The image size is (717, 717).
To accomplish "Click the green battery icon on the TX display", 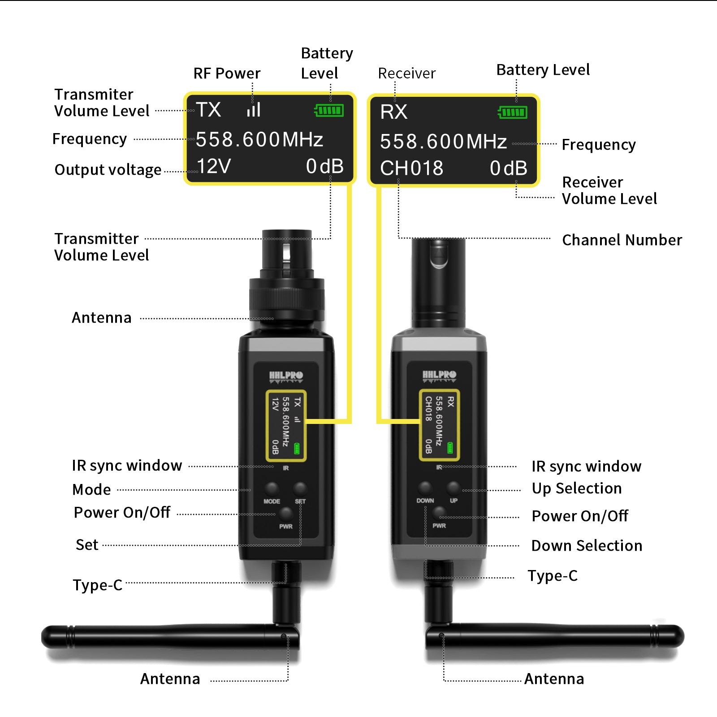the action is pos(329,110).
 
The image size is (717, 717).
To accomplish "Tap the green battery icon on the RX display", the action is pos(513,112).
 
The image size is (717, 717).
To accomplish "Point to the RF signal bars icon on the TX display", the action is pos(254,110).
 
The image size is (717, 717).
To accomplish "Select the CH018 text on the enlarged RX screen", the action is pos(411,168).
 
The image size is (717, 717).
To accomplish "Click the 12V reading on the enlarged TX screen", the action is pos(214,166).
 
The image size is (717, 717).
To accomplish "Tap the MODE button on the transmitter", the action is pos(272,488).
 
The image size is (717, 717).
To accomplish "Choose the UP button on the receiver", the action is pos(454,488).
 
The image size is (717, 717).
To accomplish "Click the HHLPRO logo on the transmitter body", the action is pos(286,376).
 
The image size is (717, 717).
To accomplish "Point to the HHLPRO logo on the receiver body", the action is pos(439,376).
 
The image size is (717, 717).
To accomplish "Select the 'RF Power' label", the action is pos(227,73).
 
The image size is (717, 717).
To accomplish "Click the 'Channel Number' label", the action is pos(622,240).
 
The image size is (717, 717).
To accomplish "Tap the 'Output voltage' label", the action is pos(108,170).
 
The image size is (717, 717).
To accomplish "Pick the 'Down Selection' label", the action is pos(587,546).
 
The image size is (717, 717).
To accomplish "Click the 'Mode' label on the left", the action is pos(91,490).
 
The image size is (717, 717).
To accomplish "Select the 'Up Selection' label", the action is pos(577,488).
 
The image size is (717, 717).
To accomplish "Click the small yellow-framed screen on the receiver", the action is pos(439,425).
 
